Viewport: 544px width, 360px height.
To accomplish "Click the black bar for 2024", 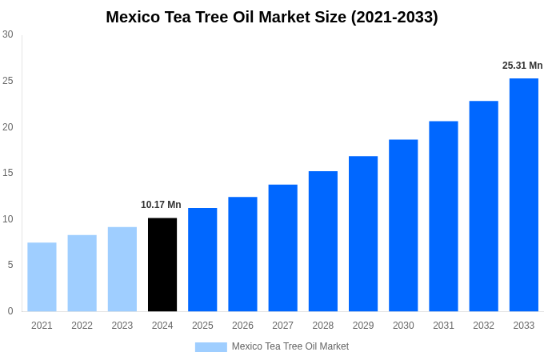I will point(162,265).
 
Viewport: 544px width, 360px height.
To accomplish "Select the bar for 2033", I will point(524,194).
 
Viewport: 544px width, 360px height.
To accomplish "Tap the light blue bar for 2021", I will point(42,277).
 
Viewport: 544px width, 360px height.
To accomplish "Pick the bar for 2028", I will point(323,241).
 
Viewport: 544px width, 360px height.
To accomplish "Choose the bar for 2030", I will point(403,226).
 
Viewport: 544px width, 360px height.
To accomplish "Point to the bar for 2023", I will point(122,269).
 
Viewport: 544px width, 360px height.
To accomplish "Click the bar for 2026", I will point(242,254).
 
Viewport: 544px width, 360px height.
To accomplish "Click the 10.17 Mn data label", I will point(161,205).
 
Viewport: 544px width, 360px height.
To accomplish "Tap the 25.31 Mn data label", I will point(522,66).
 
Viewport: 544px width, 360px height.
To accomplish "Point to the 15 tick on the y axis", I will point(8,173).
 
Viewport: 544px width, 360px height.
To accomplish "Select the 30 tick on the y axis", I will point(8,34).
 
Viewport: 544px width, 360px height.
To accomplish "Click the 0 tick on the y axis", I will point(10,311).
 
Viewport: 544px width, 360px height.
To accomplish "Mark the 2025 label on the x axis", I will point(202,326).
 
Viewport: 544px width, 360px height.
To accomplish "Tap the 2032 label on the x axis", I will point(483,326).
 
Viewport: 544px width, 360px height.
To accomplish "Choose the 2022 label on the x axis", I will point(82,326).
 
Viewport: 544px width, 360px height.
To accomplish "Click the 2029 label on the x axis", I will point(363,326).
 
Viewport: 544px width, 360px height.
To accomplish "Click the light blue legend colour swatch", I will point(210,347).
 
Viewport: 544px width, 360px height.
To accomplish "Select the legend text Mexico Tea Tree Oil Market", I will point(290,346).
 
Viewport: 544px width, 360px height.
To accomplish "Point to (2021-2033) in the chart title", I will point(394,17).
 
